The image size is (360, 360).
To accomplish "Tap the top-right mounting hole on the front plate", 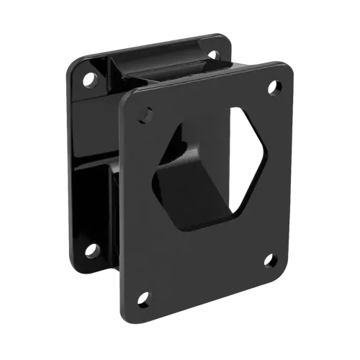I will (x=275, y=88).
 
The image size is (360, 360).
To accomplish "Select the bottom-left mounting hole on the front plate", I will (x=144, y=297).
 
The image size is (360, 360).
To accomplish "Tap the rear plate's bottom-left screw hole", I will (x=91, y=251).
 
